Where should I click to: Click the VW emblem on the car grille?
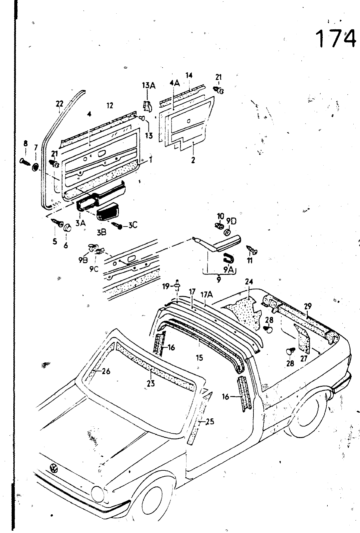pos(53,468)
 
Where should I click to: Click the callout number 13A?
pos(149,86)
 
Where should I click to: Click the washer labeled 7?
pos(35,166)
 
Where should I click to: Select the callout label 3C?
pos(132,226)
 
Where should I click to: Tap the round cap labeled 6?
pos(68,228)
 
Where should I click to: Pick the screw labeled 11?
pos(252,249)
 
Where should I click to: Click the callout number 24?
pos(249,282)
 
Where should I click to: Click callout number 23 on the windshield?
pos(151,383)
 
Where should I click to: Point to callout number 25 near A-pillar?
pos(210,422)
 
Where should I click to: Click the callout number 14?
pos(189,75)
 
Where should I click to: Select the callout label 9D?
pos(231,221)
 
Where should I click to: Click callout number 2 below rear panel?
pos(193,160)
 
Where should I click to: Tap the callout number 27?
pos(303,359)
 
